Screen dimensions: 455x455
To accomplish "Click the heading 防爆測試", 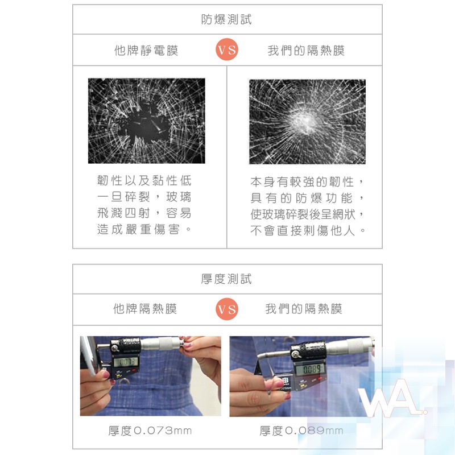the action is pyautogui.click(x=226, y=19).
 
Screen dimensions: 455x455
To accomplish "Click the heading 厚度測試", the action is pyautogui.click(x=226, y=279).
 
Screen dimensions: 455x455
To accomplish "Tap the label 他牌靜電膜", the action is pyautogui.click(x=146, y=50).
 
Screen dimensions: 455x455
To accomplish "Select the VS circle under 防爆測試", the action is pyautogui.click(x=227, y=49).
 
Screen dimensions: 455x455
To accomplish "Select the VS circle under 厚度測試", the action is pyautogui.click(x=227, y=309).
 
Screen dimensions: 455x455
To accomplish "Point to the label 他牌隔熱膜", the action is pyautogui.click(x=145, y=309).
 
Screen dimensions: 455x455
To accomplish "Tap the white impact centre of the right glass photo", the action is pyautogui.click(x=305, y=121).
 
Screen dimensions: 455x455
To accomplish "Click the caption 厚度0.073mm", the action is pyautogui.click(x=150, y=431).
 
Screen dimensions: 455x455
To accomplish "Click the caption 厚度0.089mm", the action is pyautogui.click(x=301, y=431).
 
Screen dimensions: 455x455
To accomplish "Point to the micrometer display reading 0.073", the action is pyautogui.click(x=125, y=362).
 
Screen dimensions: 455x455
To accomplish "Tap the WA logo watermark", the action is pyautogui.click(x=392, y=398).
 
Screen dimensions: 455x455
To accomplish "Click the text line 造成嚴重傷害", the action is pyautogui.click(x=144, y=229).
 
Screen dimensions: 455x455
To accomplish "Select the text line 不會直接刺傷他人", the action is pyautogui.click(x=308, y=231).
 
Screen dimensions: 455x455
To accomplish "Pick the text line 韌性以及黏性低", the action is pyautogui.click(x=144, y=180).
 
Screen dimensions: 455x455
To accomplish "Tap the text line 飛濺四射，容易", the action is pyautogui.click(x=144, y=213).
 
